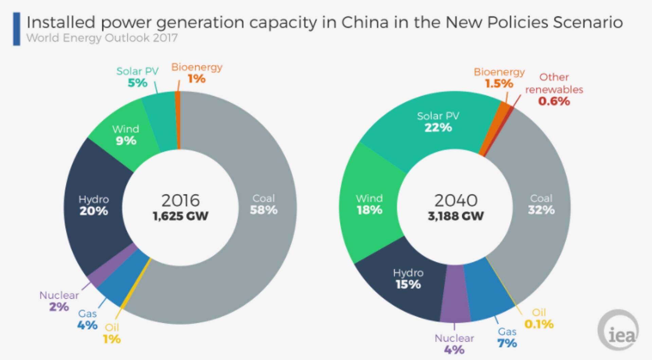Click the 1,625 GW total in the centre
180,216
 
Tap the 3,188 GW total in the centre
455,216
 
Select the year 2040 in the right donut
456,200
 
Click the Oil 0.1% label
539,319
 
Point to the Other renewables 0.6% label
554,89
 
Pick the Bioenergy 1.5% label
499,78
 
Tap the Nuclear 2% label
59,301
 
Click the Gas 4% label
87,319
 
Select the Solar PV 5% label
137,77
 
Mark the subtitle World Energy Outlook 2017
102,38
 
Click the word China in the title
365,22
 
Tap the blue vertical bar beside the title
16,29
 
